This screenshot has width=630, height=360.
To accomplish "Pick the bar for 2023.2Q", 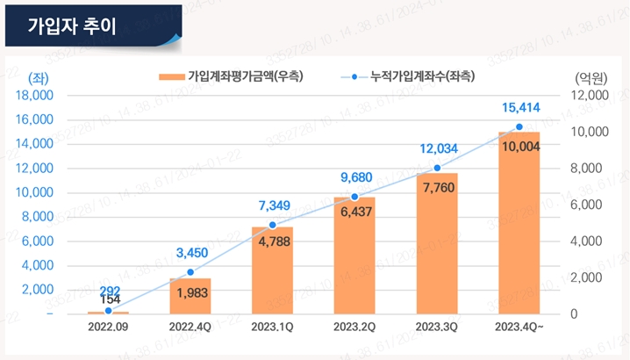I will (x=354, y=256).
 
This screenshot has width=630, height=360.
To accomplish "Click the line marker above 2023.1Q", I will (x=272, y=225).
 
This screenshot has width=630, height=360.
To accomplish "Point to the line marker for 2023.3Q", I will (x=437, y=168).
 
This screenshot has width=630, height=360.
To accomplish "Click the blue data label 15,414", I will (x=520, y=108).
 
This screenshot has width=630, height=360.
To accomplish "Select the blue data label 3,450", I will (x=191, y=254).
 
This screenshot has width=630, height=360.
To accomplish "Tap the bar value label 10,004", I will (x=520, y=147).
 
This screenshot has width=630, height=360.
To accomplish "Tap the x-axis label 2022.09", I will (x=108, y=327).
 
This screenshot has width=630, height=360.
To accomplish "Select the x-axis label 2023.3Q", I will (x=437, y=327).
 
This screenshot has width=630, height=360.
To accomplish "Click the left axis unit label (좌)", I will (x=39, y=77).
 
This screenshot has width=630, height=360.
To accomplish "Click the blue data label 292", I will (x=109, y=291).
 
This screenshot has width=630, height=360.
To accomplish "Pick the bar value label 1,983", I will (x=190, y=293).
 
